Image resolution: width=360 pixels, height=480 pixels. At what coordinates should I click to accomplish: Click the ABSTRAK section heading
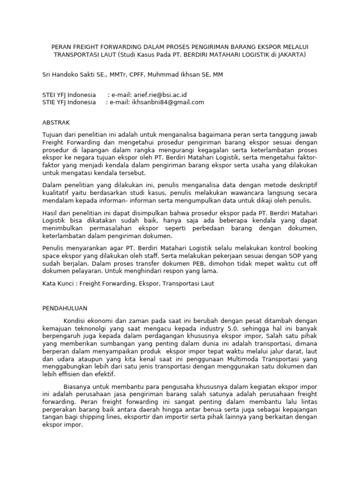coord(56,122)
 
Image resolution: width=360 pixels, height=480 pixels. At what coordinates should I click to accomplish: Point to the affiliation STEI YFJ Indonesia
coord(69,94)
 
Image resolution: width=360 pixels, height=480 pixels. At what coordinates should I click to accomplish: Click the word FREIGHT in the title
coord(87,46)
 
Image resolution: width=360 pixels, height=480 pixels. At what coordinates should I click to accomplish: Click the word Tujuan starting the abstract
coord(53,135)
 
